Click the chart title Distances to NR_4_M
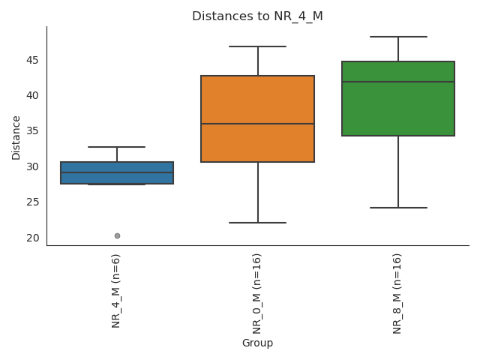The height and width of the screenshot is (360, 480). pos(257,16)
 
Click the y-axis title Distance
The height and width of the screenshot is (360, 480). pos(16,136)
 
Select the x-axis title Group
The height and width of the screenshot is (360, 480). pos(257,343)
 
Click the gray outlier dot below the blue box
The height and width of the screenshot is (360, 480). pos(117,235)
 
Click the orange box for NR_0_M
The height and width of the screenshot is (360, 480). pos(257,101)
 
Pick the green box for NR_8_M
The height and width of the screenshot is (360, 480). pos(398,109)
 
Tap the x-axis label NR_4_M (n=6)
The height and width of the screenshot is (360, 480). pos(116,290)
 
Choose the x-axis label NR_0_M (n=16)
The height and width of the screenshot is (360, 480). pos(257,293)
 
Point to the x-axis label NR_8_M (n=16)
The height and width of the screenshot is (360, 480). pos(397,293)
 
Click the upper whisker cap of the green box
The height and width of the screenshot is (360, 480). pos(398,37)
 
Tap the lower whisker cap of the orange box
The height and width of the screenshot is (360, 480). pos(257,223)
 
